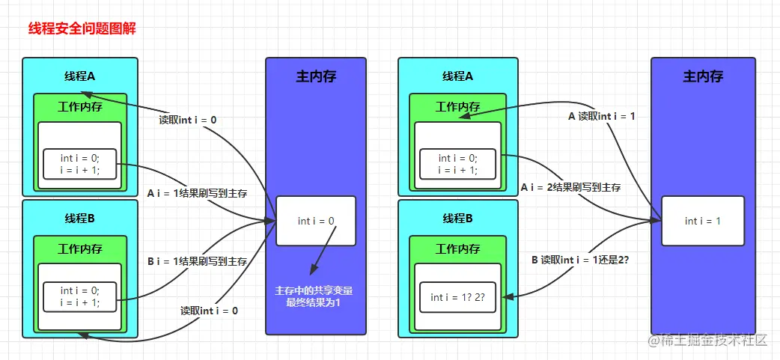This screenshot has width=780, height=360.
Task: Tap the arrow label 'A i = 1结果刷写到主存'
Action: [197, 193]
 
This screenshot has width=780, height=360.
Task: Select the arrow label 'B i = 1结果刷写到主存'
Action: [197, 261]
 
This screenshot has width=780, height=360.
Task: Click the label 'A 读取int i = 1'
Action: [601, 116]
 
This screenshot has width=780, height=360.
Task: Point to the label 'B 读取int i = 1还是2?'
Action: [580, 259]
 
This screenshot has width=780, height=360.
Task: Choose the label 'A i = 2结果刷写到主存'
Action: [570, 187]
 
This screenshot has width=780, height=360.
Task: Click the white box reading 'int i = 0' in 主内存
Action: [316, 221]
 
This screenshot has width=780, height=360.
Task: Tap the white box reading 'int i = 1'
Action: [702, 221]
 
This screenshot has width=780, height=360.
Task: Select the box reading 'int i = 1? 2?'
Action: [457, 297]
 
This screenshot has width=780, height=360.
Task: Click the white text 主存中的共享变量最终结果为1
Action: [314, 296]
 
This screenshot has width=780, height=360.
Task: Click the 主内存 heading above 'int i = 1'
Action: [703, 76]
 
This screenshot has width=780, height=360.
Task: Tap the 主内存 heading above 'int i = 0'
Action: [316, 76]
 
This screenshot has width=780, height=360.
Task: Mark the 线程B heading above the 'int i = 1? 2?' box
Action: [457, 218]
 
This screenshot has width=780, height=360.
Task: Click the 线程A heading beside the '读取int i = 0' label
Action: [79, 76]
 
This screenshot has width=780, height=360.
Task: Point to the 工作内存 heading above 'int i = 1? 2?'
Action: [457, 248]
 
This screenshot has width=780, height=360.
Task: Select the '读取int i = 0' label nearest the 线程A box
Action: [188, 119]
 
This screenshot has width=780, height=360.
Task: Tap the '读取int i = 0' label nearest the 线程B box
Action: [209, 311]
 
